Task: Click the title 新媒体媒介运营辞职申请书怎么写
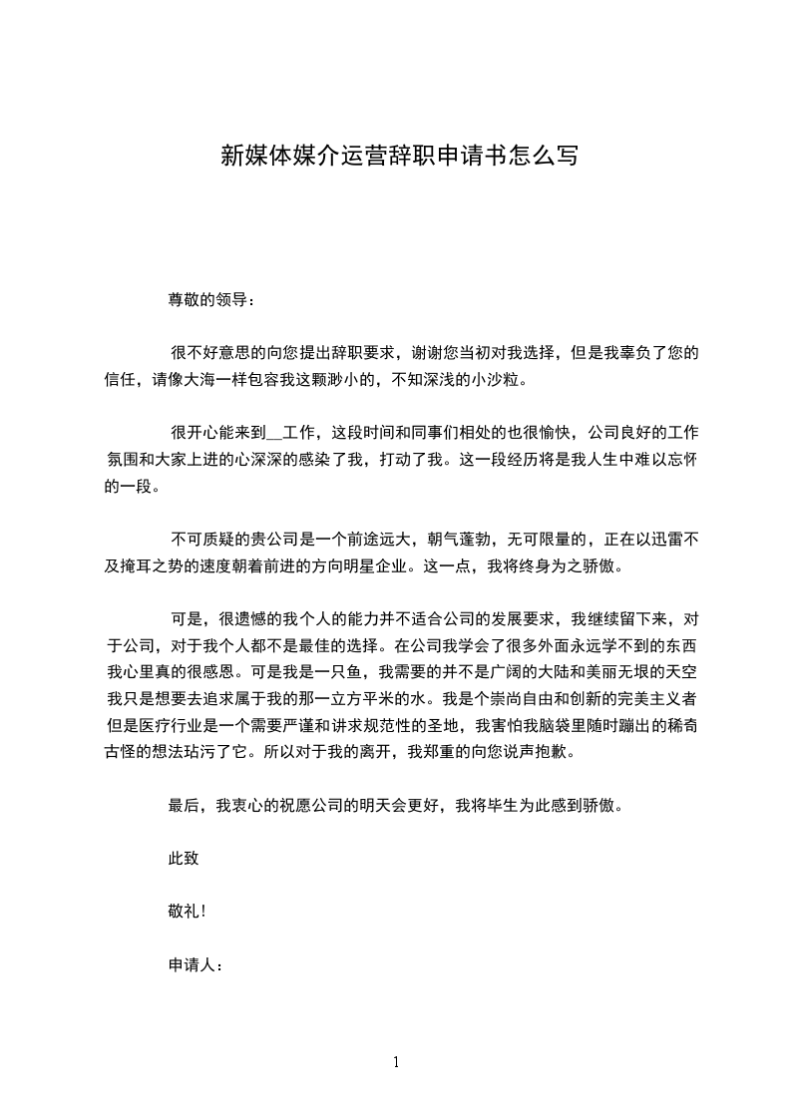(398, 156)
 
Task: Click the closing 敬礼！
(187, 912)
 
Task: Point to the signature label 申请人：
(196, 964)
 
